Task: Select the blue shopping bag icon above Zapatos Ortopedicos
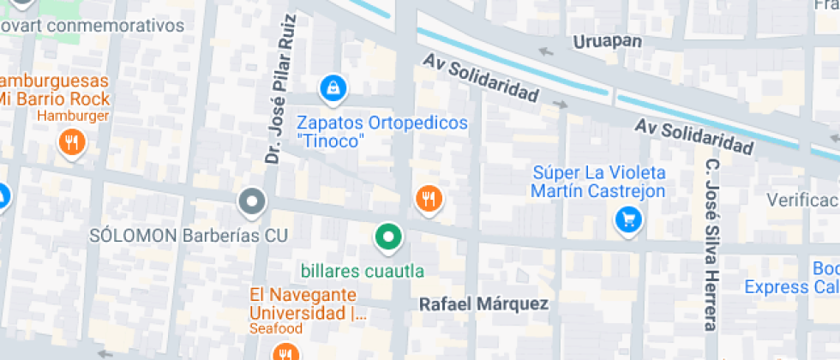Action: pos(331,87)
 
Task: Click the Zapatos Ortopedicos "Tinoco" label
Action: pos(383,131)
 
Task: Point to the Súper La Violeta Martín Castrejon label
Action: pos(598,182)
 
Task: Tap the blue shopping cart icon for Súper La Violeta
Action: pos(628,220)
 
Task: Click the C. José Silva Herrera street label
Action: pos(711,245)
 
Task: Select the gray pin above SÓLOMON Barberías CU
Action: pos(252,202)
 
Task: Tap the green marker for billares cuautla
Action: pos(388,237)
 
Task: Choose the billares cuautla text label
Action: pos(363,272)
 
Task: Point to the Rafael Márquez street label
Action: pos(483,304)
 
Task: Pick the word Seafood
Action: pos(276,329)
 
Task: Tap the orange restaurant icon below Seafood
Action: pos(285,352)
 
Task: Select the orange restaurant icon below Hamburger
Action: pos(72,141)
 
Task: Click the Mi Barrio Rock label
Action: pos(55,98)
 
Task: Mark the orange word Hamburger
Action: pos(74,116)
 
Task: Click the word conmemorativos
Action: pos(118,25)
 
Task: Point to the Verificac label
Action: pos(802,201)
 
